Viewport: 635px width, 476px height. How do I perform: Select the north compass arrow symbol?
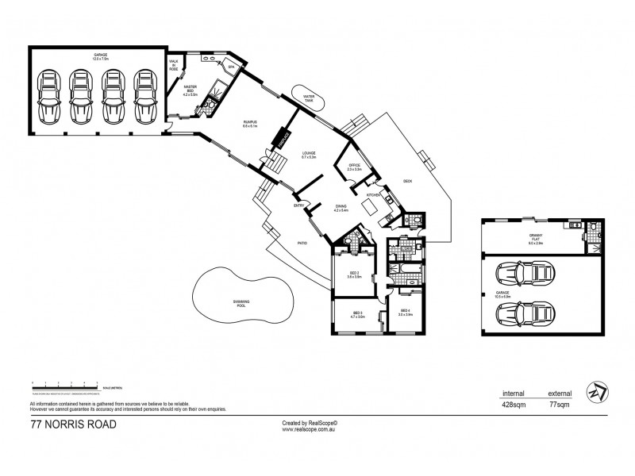click(596, 391)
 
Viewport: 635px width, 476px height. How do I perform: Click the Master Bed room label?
click(190, 89)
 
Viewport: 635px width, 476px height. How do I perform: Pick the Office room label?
click(354, 167)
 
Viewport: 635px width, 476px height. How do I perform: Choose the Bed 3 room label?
click(357, 315)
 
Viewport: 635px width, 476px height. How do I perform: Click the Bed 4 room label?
click(405, 312)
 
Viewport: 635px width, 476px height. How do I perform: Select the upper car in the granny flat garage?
click(524, 276)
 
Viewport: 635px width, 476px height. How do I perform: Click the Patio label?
click(302, 244)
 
